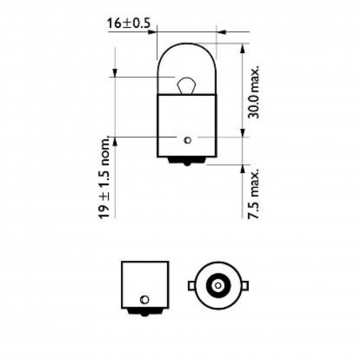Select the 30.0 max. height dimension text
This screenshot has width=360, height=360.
click(253, 93)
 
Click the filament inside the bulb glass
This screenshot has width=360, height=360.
click(185, 82)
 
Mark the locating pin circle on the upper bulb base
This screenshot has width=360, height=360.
click(186, 140)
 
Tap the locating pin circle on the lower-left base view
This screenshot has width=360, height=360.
click(145, 298)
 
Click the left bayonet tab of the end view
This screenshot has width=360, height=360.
click(191, 284)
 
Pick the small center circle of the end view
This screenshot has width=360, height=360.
click(217, 284)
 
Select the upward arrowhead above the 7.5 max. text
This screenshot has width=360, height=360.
click(240, 167)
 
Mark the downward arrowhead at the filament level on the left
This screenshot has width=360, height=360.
click(116, 72)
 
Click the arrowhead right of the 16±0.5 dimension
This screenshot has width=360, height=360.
click(222, 33)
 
